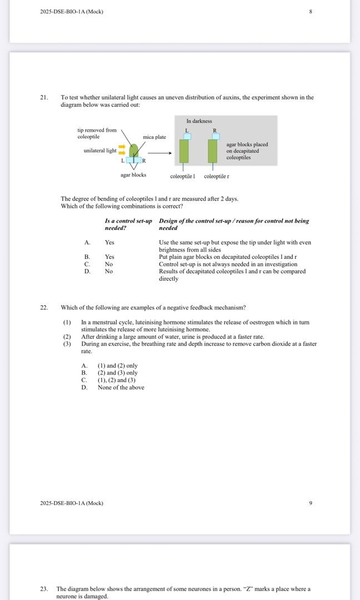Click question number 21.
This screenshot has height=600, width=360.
(x=44, y=97)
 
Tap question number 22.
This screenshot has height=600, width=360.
(x=44, y=307)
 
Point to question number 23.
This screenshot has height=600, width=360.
(x=44, y=588)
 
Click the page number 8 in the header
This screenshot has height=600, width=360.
(x=311, y=12)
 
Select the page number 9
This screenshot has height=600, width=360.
(x=311, y=503)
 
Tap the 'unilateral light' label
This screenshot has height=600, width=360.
(x=100, y=151)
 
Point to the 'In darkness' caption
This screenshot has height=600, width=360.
(x=199, y=121)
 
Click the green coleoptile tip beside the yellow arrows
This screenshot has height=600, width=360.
(x=134, y=150)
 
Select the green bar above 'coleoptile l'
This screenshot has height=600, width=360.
(x=184, y=151)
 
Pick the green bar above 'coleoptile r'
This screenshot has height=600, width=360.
(x=212, y=151)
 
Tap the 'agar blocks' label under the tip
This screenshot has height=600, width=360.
(x=133, y=175)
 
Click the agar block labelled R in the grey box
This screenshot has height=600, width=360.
(x=216, y=136)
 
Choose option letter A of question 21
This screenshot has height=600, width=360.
(x=87, y=242)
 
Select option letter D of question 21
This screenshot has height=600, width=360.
(x=87, y=271)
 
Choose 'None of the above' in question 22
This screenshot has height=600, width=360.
(x=121, y=387)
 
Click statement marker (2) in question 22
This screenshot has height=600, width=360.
(x=67, y=337)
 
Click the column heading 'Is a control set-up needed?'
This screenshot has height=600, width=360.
(x=128, y=224)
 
